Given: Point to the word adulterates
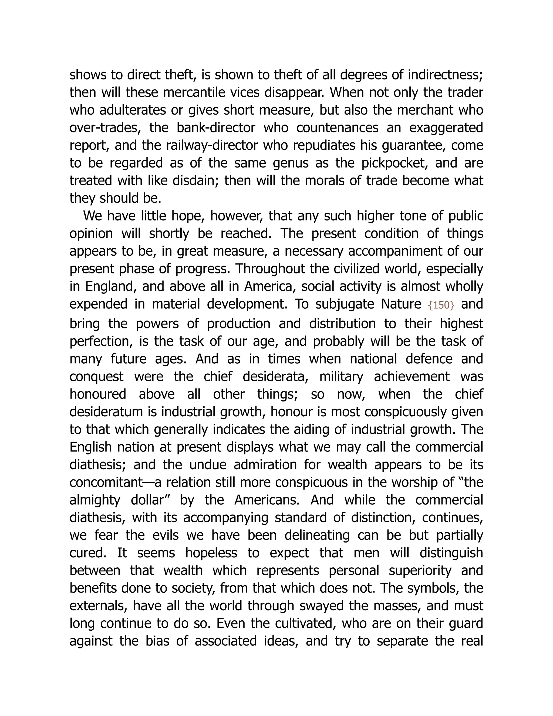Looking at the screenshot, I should coord(132,110).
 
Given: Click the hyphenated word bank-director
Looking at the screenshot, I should coord(216,128).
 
